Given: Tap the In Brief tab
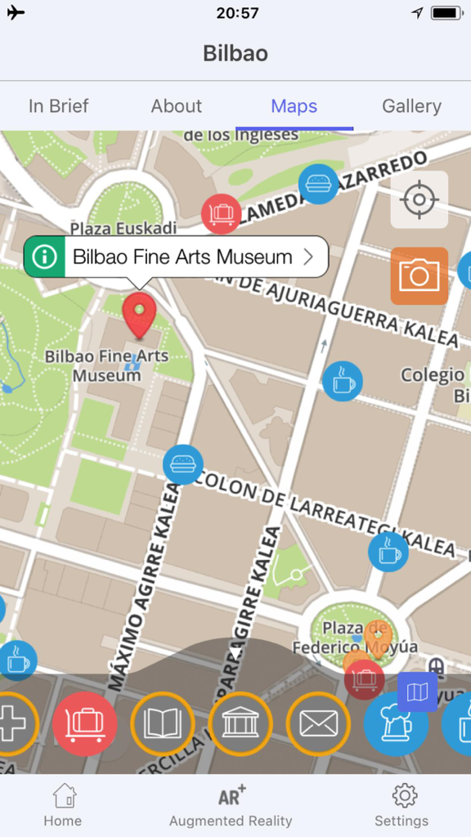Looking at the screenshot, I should tap(58, 106).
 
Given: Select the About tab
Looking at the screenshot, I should tap(176, 106).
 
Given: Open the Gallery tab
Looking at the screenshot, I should tap(411, 106).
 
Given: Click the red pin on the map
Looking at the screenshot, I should tap(139, 316).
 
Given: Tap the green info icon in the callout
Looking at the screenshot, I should tap(44, 257).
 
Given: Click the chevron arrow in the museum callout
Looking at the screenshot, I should tap(308, 257).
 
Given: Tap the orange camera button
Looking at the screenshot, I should tap(419, 275).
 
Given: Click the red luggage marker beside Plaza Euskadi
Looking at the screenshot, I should tap(221, 214).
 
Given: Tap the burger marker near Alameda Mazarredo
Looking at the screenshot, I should tap(318, 184).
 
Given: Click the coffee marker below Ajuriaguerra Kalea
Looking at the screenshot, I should tap(342, 381).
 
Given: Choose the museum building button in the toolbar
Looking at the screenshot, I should tap(240, 723).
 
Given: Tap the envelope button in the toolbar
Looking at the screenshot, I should tap(318, 723).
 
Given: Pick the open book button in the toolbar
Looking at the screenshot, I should tap(162, 723).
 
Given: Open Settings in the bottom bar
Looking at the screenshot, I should tap(401, 805).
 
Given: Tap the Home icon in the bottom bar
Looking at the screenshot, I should tap(63, 805).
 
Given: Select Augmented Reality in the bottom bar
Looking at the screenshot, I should tap(231, 805).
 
